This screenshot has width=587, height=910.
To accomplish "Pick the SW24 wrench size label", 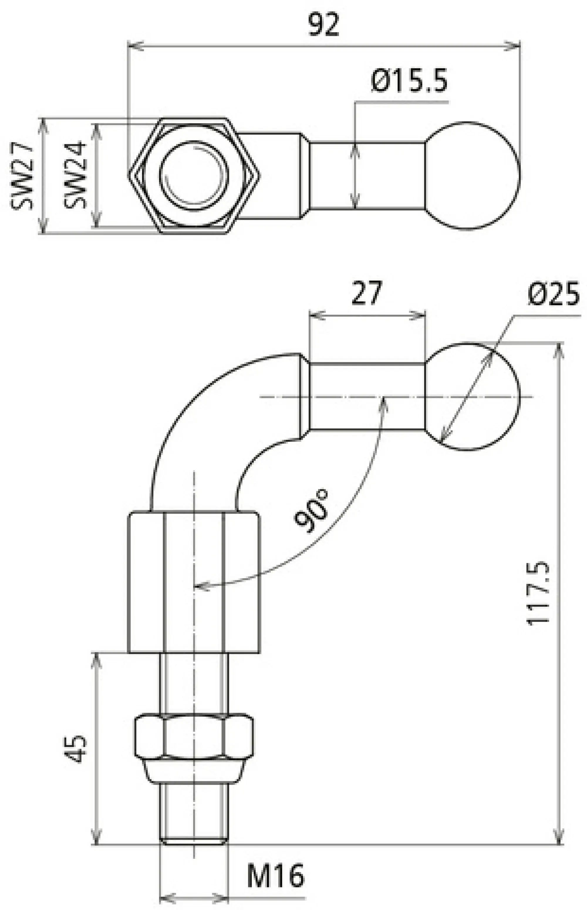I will click(x=75, y=175).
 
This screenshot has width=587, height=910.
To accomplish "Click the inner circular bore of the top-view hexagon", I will click(x=194, y=175).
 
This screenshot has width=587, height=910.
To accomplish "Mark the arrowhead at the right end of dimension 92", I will click(x=515, y=46).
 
